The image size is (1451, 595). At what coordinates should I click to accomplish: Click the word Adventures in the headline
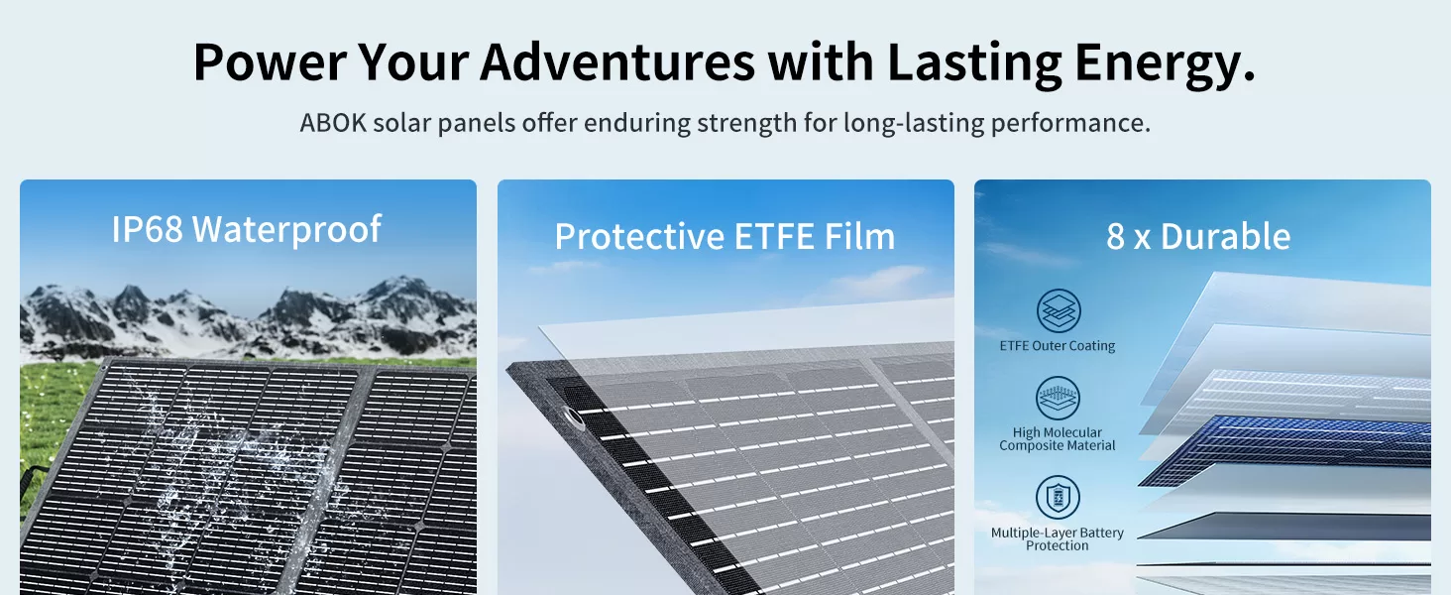pyautogui.click(x=617, y=62)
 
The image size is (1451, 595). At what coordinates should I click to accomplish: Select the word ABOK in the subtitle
pyautogui.click(x=333, y=123)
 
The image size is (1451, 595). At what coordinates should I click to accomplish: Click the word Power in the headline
pyautogui.click(x=270, y=62)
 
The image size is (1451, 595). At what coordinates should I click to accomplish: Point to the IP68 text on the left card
pyautogui.click(x=147, y=229)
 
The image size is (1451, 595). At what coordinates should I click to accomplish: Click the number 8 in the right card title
pyautogui.click(x=1115, y=237)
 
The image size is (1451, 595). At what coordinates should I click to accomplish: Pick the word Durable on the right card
pyautogui.click(x=1226, y=236)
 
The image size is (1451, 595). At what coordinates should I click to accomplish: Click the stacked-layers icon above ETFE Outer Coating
pyautogui.click(x=1059, y=311)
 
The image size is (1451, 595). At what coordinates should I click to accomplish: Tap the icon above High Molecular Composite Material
pyautogui.click(x=1058, y=398)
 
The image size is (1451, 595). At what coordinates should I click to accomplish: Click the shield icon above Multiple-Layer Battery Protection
pyautogui.click(x=1058, y=498)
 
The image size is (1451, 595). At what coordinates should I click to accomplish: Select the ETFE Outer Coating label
pyautogui.click(x=1058, y=346)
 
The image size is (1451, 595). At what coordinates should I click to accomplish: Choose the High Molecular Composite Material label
pyautogui.click(x=1058, y=438)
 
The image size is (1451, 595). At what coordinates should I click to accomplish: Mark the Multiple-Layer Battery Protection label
pyautogui.click(x=1058, y=539)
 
